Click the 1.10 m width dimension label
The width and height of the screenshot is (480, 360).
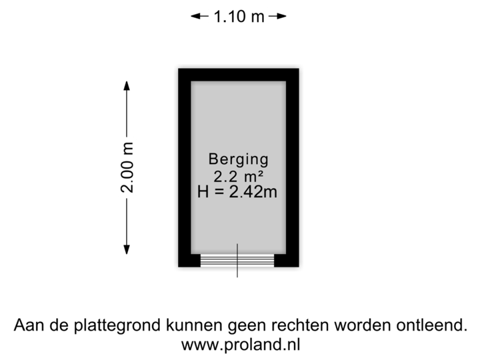tap(238, 16)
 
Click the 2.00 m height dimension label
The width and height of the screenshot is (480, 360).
tap(128, 166)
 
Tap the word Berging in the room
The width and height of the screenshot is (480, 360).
tap(238, 160)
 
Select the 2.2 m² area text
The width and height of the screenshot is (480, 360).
tap(237, 177)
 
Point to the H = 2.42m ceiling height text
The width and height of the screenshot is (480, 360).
tap(237, 193)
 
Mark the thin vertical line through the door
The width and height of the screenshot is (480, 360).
tap(238, 257)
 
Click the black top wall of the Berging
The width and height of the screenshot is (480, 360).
tap(238, 72)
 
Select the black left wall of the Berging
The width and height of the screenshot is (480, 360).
tap(182, 166)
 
